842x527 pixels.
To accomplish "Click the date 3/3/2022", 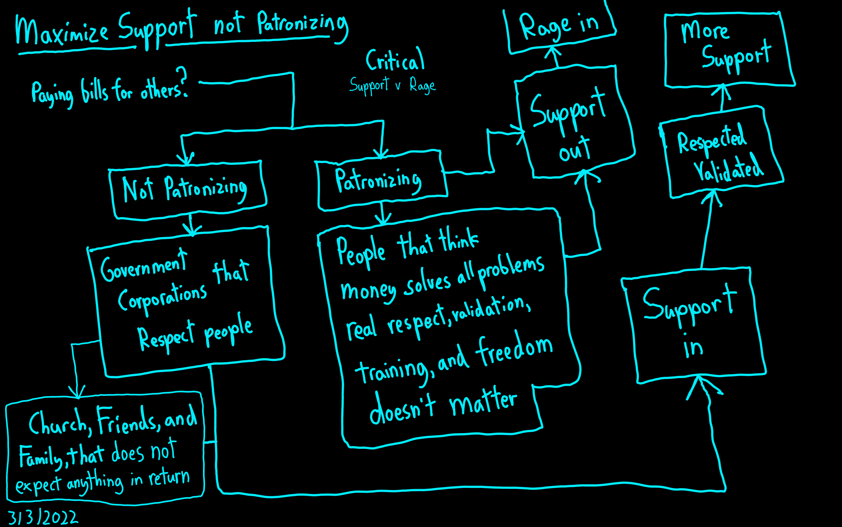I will point(42,518).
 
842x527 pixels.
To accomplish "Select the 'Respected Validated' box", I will point(719,153).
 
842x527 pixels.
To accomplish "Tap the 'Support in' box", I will point(692,324).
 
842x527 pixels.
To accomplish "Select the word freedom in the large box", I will point(515,350).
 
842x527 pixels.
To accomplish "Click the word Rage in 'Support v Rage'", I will point(422,85).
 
